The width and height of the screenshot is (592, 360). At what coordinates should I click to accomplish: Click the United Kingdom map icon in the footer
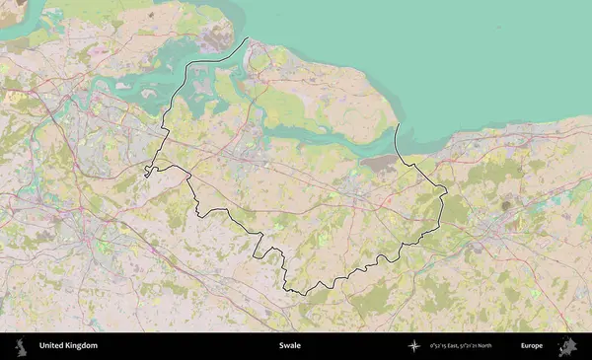pos(19,346)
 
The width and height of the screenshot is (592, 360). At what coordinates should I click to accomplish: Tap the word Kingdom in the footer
pos(82,346)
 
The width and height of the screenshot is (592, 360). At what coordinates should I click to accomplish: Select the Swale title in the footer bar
pos(290,346)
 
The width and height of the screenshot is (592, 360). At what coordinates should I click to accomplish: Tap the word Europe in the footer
pos(532,346)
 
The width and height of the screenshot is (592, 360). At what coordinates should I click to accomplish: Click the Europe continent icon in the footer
pos(568,346)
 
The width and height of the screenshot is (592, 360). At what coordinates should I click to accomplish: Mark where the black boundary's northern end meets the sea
pos(247,39)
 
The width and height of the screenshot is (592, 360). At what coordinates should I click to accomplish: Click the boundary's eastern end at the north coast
pos(397,126)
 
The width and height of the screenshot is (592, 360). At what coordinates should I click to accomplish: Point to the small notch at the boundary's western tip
pos(146,172)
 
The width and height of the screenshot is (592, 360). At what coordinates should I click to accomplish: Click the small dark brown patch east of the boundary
pos(507,205)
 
